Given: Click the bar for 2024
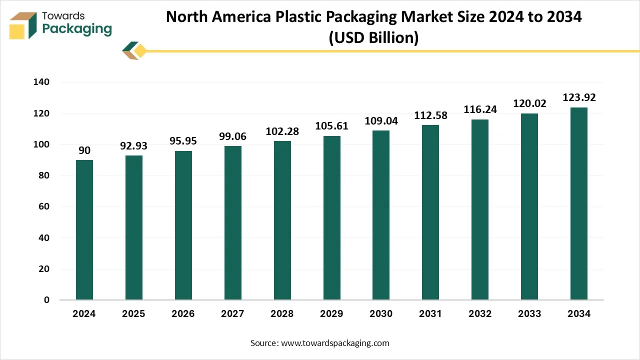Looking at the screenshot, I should pos(84,230).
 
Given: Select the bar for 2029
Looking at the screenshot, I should pos(331,218).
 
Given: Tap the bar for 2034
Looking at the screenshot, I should pos(579,203).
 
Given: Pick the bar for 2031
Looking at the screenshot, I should pos(430,212).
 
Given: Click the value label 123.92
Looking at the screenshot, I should pos(579,97).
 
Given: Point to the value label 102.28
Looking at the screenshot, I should pos(282,131).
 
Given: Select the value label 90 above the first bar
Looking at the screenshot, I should pos(84,150).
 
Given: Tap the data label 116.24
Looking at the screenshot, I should pos(480,109).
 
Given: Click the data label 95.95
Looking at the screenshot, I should pos(183,141).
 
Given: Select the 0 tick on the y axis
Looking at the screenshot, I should pos(47,300).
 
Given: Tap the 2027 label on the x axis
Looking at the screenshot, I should pos(232,314).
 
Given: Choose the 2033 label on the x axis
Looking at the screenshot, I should pos(529,314).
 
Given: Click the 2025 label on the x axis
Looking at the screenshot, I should pos(133,314).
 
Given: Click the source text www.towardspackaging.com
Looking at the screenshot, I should pos(335,343).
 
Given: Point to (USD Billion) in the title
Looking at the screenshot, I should pos(373,38).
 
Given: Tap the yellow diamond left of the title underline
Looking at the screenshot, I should pos(140,50).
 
